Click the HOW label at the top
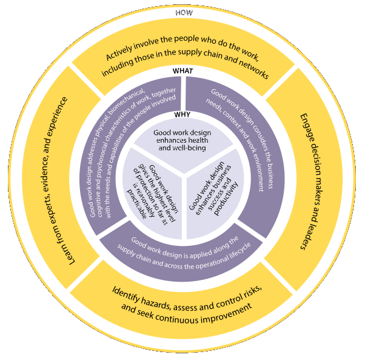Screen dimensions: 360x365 182,12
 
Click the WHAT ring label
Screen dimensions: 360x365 182,71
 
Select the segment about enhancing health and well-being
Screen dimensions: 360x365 182,140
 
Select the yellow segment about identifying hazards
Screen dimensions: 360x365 182,297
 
